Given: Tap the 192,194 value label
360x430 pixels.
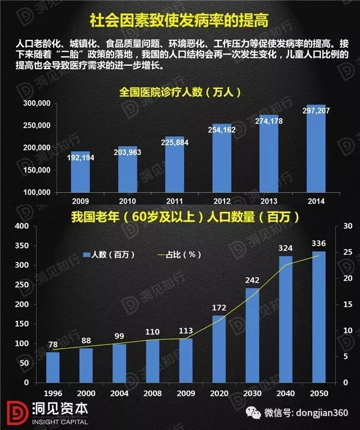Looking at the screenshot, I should pyautogui.click(x=80, y=158).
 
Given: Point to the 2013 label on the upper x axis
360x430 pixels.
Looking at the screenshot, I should pyautogui.click(x=269, y=201).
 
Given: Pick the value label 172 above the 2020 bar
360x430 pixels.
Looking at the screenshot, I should pyautogui.click(x=218, y=309).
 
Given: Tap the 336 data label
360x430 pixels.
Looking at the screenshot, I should pyautogui.click(x=318, y=243).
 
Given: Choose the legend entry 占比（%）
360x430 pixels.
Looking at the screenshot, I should pyautogui.click(x=178, y=255).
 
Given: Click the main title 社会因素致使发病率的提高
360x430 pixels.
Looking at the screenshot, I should pyautogui.click(x=179, y=21).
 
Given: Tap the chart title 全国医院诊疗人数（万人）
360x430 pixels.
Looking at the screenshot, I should pyautogui.click(x=179, y=92).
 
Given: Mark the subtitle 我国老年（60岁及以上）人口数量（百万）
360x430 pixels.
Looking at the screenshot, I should pyautogui.click(x=179, y=215).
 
